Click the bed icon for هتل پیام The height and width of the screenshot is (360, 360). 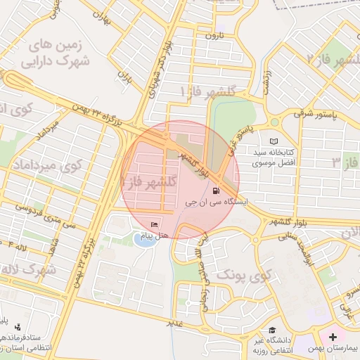(x=155, y=224)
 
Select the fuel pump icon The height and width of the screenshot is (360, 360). (x=214, y=190)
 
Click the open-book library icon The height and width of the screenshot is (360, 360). (x=274, y=141)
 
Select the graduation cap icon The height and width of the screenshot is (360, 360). (x=271, y=330)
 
